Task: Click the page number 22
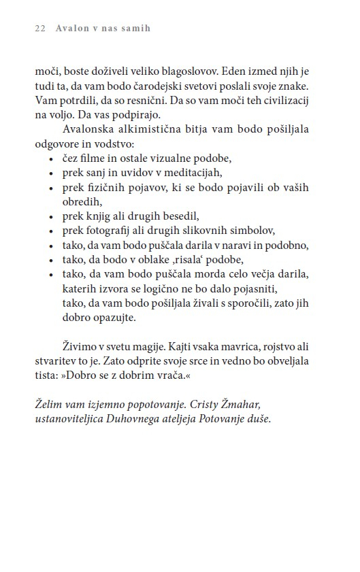(x=39, y=29)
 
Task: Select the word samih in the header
(x=135, y=29)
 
